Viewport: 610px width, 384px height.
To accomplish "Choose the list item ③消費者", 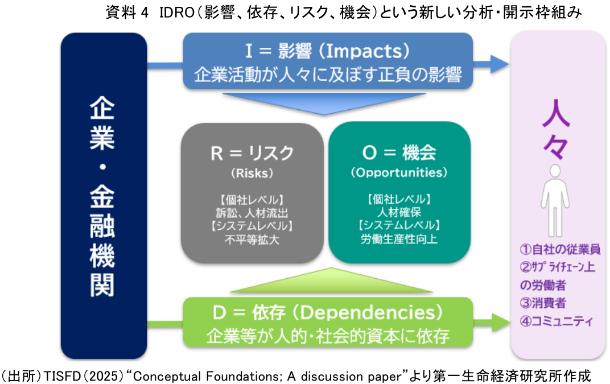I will coord(543,303).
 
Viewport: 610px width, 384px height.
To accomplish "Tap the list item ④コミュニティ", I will coord(557,321).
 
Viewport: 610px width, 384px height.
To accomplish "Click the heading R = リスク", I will coord(252,152).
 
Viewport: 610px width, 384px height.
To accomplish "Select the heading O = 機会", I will coord(399,152).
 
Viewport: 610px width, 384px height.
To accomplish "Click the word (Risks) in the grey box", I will coord(252,172).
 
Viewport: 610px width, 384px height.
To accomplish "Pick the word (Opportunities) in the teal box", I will coord(399,172).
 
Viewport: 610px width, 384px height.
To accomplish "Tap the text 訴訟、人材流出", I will coord(252,214).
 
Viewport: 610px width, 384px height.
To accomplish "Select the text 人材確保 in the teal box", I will coord(399,214).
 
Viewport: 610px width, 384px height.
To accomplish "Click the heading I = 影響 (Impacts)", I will coord(327,52).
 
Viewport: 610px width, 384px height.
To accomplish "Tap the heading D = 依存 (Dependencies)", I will coord(327,313).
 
